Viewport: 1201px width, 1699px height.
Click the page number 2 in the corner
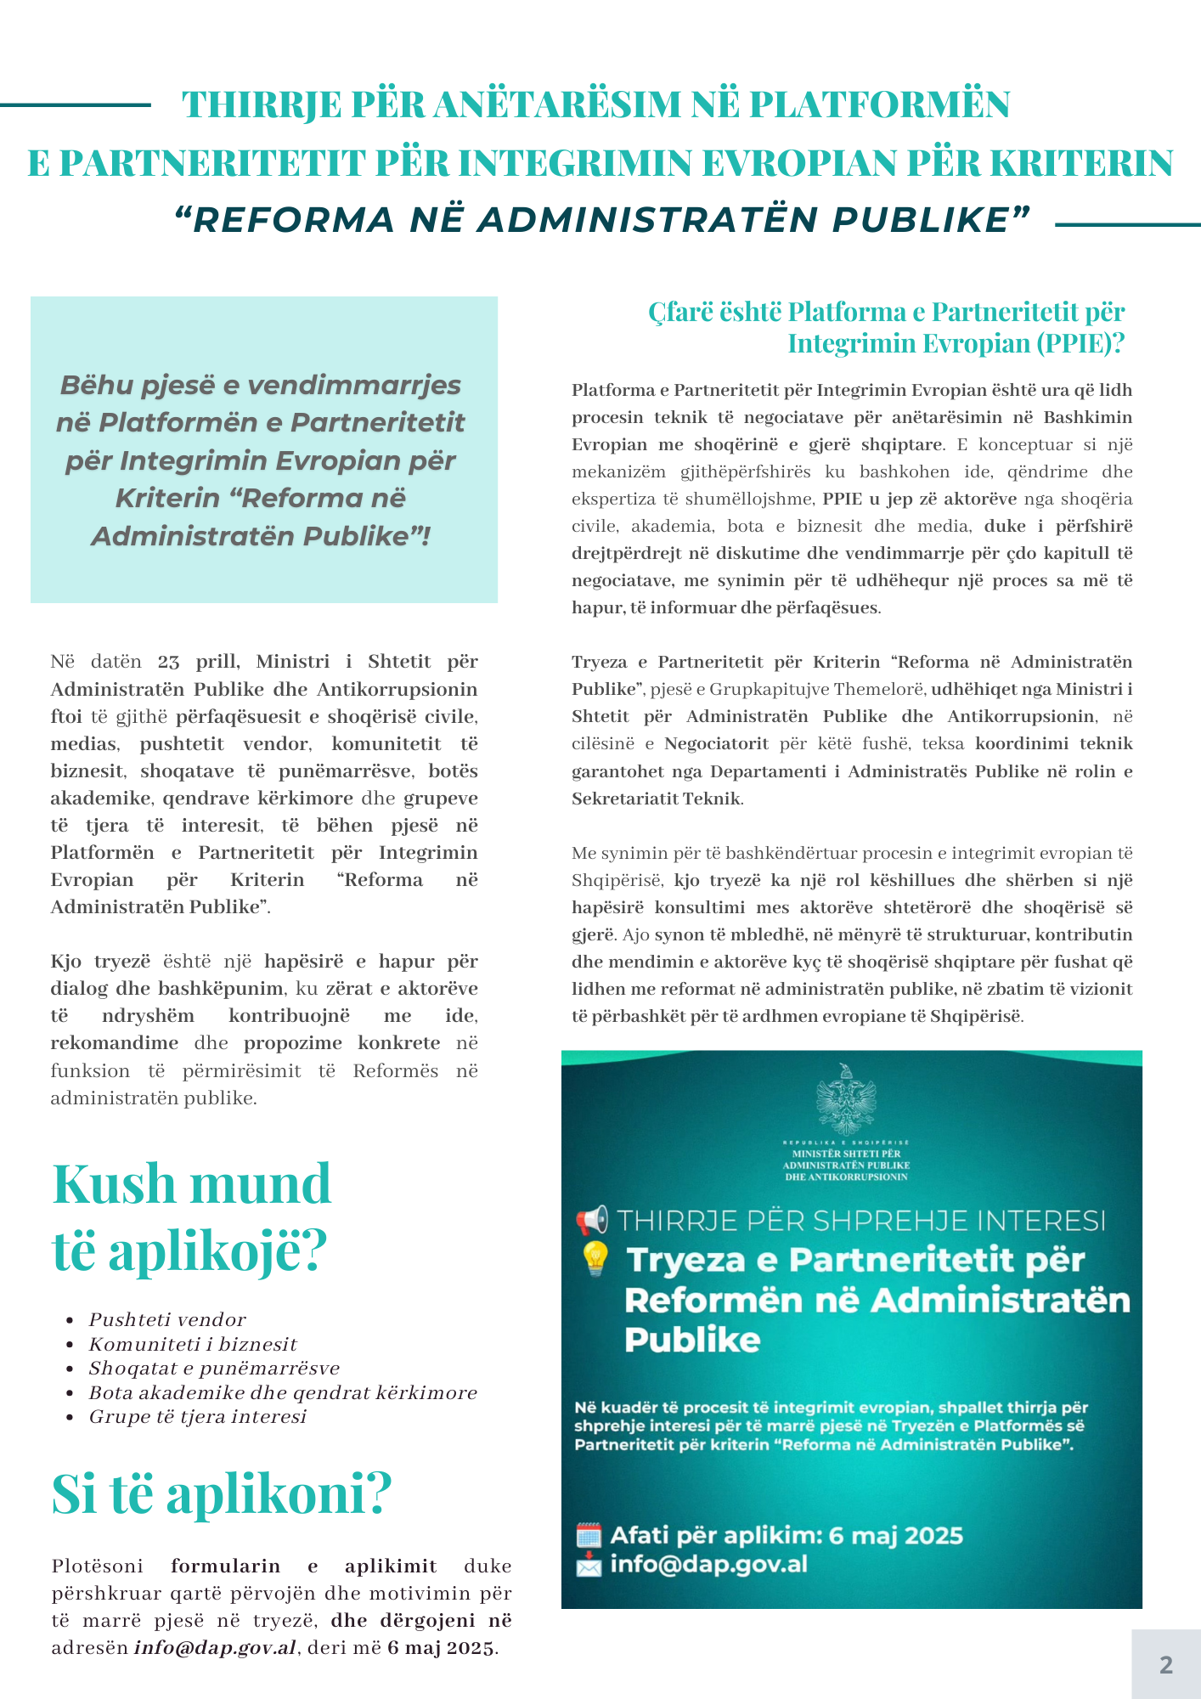pos(1165,1664)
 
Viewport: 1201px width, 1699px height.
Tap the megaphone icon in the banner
pos(592,1220)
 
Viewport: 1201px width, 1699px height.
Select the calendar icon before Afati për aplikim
pos(589,1535)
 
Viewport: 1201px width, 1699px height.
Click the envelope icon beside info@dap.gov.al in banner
pos(589,1565)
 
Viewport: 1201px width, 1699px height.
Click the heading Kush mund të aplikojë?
pos(192,1216)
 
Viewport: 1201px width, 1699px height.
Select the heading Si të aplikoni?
pos(222,1493)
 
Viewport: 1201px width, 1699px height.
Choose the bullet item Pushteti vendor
pos(167,1319)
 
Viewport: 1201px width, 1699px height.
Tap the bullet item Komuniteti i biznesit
pos(193,1344)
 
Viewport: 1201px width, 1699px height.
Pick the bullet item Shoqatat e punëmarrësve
pos(214,1368)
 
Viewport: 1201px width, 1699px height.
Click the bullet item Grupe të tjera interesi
pos(197,1416)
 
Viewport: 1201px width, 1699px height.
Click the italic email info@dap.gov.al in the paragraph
pos(216,1648)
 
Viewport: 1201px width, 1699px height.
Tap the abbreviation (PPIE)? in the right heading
pos(1079,343)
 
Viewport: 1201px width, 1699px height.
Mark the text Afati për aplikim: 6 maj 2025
pos(787,1535)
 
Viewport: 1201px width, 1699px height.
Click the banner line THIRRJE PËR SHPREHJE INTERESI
pos(861,1221)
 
